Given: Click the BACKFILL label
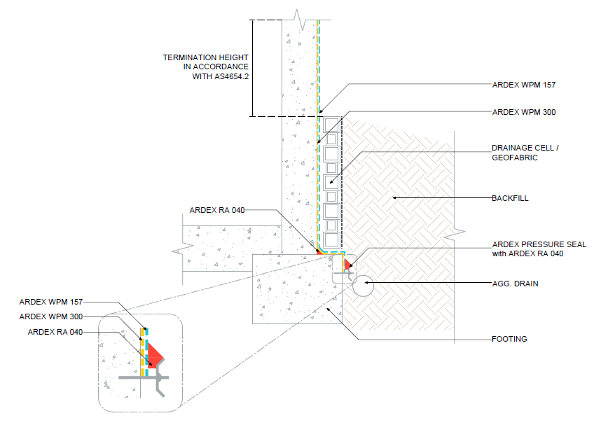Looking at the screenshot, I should (x=510, y=198).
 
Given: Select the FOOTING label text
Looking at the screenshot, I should (x=509, y=339).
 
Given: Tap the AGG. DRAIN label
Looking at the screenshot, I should (x=514, y=284).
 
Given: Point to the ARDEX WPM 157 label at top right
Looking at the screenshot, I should (x=524, y=85).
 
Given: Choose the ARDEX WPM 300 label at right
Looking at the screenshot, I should (x=524, y=111).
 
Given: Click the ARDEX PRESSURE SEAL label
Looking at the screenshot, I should (x=539, y=244).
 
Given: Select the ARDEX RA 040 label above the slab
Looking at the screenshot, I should (x=217, y=210).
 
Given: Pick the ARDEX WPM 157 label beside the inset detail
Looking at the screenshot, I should (x=50, y=302).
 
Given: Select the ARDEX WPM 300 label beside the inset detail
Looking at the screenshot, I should (x=50, y=316).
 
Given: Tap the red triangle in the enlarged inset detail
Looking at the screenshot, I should (x=156, y=356).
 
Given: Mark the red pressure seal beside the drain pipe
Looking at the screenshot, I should (x=347, y=264).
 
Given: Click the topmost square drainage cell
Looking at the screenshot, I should (x=331, y=124).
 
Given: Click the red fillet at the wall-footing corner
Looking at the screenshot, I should (x=318, y=250).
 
